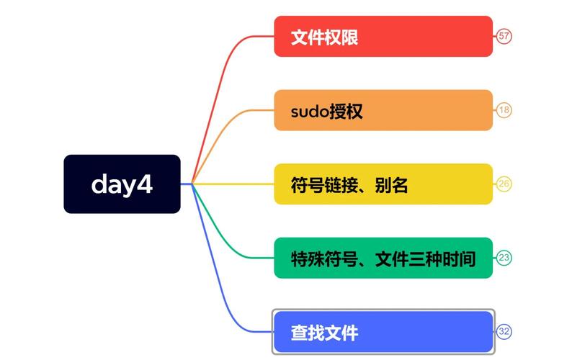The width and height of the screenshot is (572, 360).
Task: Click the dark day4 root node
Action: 122,184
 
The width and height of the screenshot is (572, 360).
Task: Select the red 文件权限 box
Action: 383,36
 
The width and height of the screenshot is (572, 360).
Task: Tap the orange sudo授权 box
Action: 383,110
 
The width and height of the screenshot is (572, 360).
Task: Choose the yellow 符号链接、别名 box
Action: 383,184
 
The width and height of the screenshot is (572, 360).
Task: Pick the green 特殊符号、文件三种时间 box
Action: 383,258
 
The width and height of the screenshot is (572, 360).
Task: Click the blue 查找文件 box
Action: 383,331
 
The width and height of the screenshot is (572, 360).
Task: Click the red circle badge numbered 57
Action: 504,36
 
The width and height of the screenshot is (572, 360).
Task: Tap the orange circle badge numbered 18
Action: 504,110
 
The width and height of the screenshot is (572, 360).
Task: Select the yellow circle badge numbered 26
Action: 504,184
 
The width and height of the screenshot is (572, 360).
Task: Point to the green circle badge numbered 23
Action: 504,258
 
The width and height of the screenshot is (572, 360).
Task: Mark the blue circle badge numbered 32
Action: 504,331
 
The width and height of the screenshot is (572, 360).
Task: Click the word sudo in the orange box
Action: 310,112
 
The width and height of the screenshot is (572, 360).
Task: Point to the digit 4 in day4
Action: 145,184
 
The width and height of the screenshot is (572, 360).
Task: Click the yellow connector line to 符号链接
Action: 233,184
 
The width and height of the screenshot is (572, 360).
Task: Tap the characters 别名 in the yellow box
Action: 390,185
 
